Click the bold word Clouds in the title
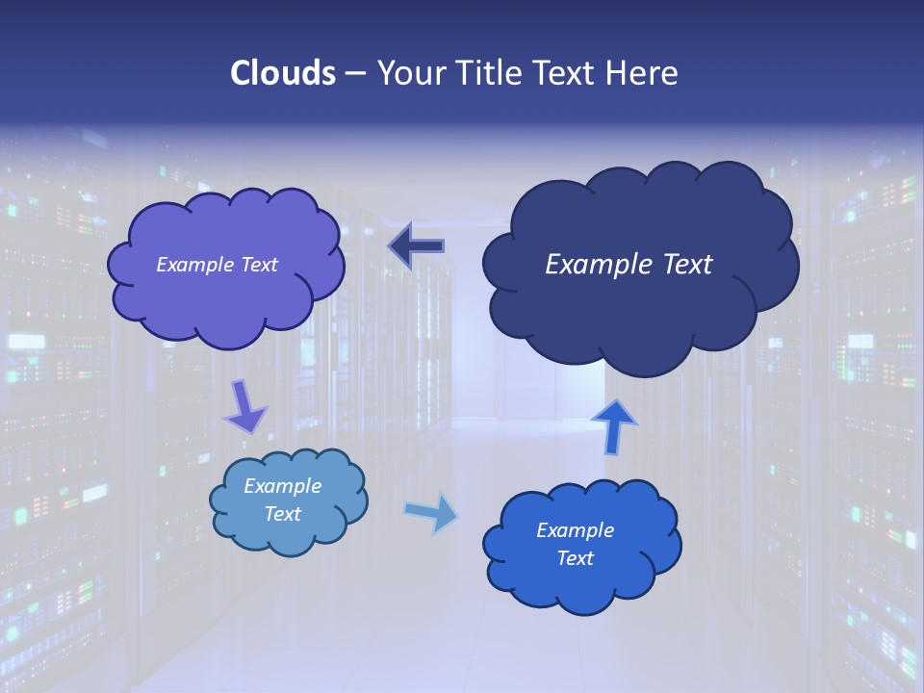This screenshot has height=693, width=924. pos(282,73)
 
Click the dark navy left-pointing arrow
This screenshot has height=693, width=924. pos(417,246)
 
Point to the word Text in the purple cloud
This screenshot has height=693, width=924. pos(259,265)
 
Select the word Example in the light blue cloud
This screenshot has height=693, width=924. pos(283,486)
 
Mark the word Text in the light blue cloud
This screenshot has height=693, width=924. pos(283,514)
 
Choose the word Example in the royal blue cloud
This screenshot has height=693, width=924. pos(576,530)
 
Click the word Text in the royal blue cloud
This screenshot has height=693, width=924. pos(576,558)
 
